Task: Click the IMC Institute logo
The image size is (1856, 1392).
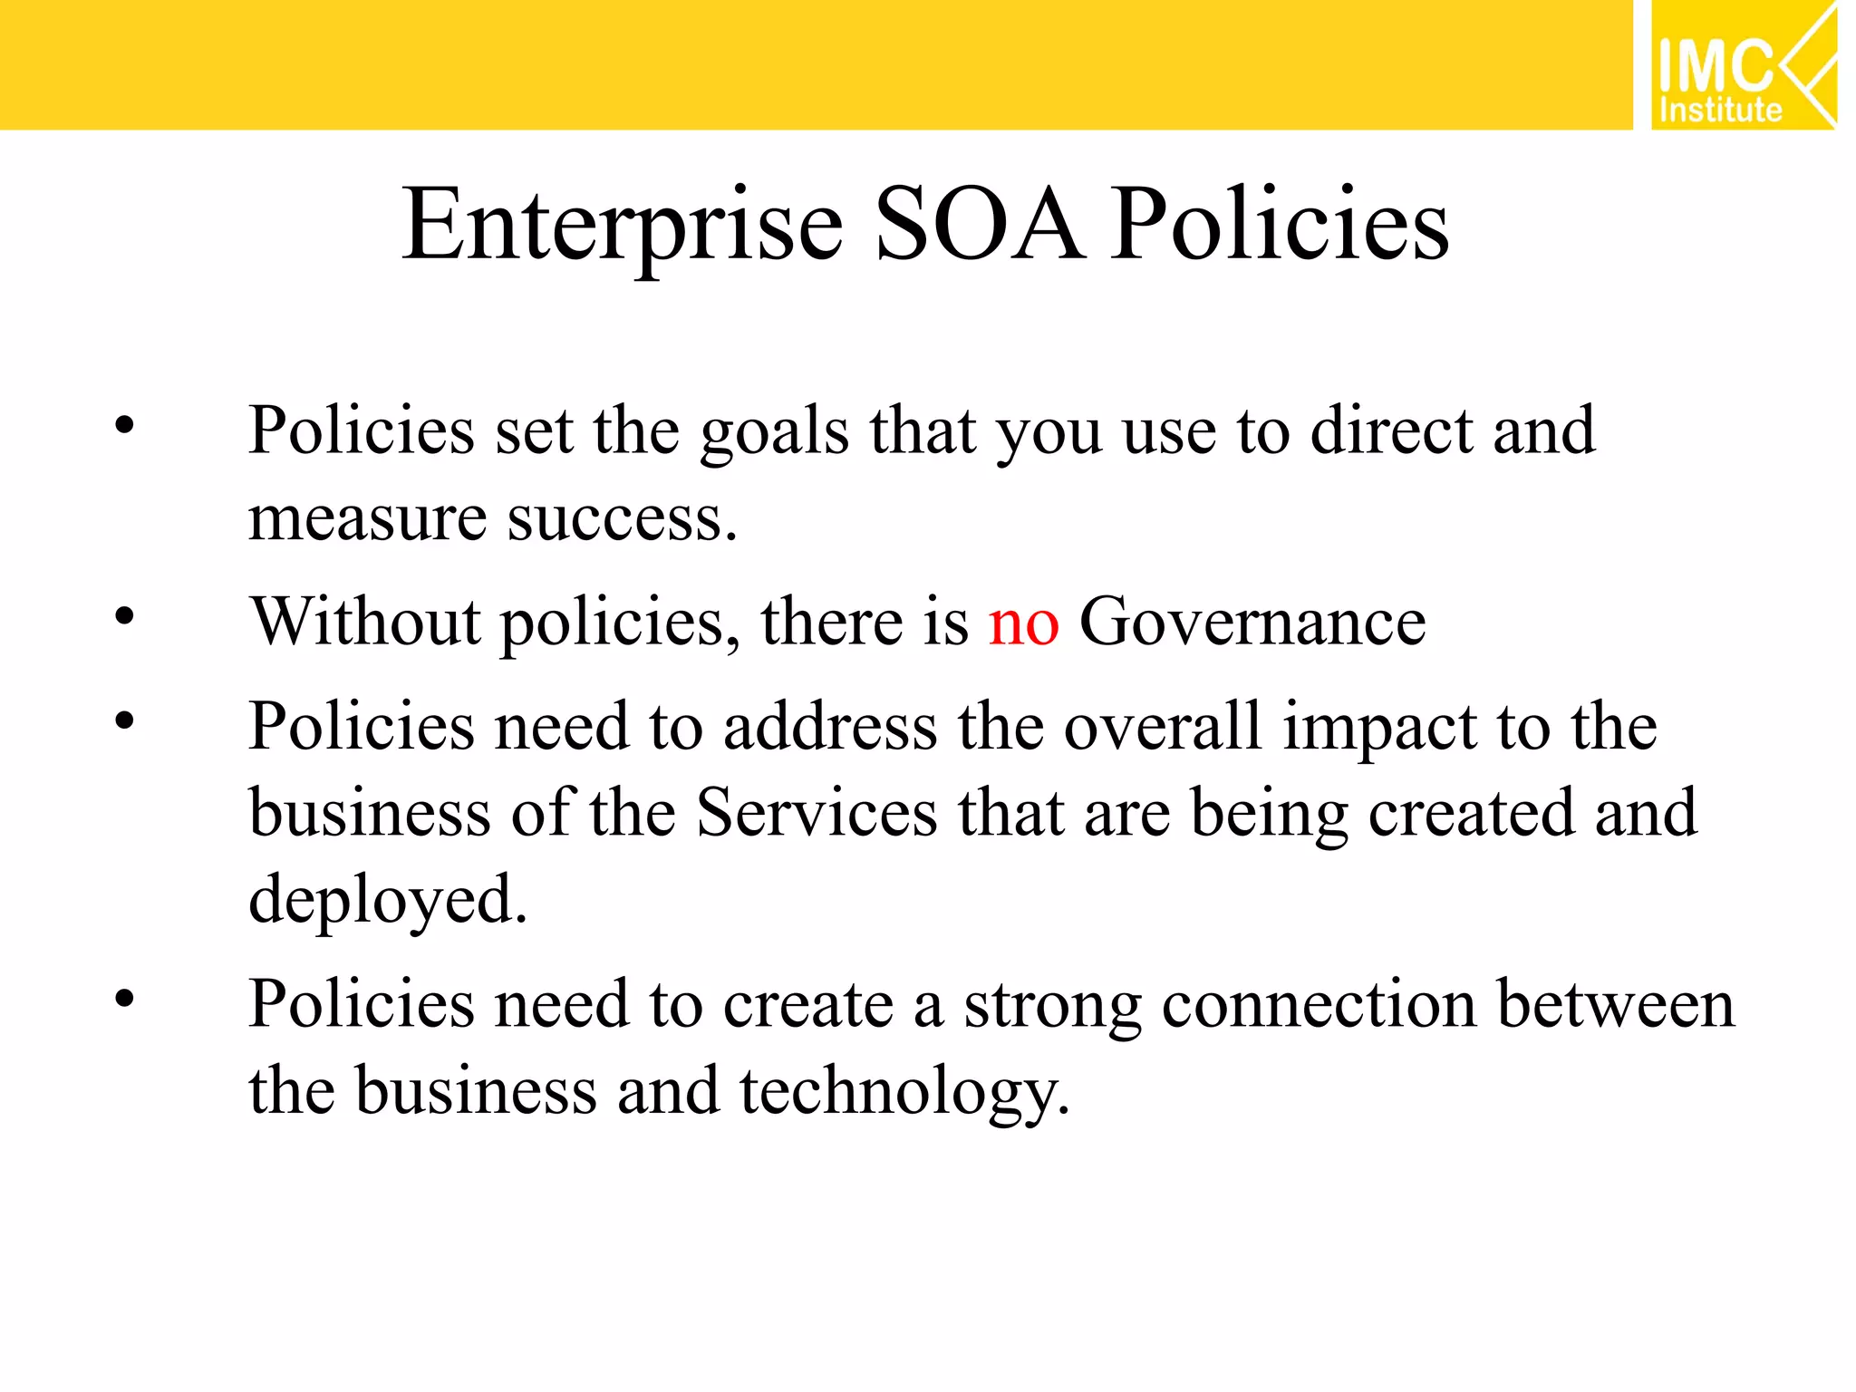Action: click(1743, 65)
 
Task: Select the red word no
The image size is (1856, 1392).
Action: click(1023, 623)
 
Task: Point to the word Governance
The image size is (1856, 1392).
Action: click(1252, 622)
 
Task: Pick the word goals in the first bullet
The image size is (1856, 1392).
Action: click(775, 431)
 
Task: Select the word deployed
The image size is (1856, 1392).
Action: click(387, 900)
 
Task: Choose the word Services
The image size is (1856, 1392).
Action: click(817, 812)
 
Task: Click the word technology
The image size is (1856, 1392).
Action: click(904, 1091)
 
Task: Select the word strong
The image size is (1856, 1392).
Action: click(1051, 1006)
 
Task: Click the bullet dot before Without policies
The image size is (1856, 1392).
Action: click(124, 617)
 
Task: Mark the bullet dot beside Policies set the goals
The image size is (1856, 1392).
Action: click(124, 425)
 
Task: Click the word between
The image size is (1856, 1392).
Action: click(1616, 1004)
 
